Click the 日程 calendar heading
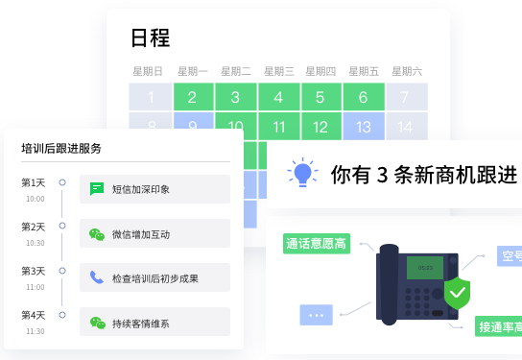tap(151, 38)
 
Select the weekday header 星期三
tap(278, 71)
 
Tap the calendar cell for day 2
tap(193, 97)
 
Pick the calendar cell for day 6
tap(363, 97)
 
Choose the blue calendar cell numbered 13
tap(363, 127)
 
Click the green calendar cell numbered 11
tap(278, 127)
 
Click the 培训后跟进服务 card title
tap(61, 149)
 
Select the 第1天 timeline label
tap(34, 182)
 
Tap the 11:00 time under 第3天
tap(35, 287)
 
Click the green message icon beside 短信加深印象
tap(97, 189)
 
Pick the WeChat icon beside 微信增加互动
tap(97, 233)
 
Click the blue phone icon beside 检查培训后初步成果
tap(97, 277)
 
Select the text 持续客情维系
tap(140, 323)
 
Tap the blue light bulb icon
tap(303, 173)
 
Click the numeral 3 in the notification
tap(382, 175)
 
